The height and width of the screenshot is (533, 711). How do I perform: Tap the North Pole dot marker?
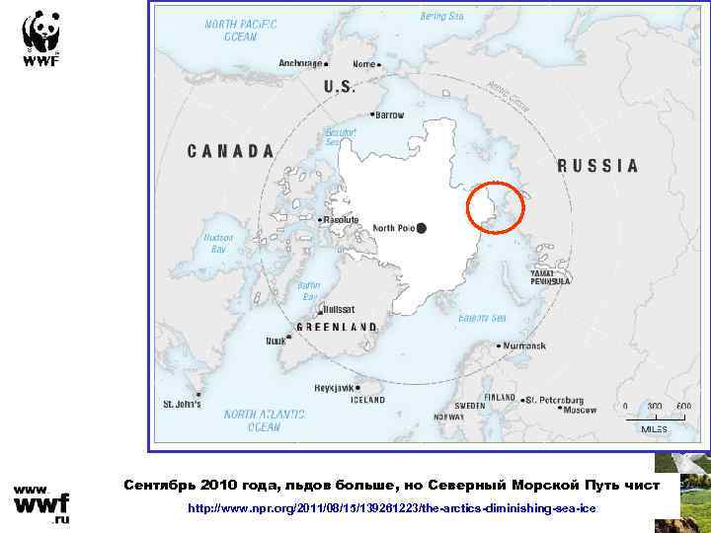tap(422, 228)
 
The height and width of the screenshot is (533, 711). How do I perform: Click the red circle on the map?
tap(495, 207)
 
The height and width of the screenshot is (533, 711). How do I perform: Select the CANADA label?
tap(231, 151)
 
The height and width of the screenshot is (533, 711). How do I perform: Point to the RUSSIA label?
tap(598, 166)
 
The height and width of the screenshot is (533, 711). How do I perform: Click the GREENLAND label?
tap(338, 327)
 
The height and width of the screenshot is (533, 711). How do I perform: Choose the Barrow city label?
tap(389, 114)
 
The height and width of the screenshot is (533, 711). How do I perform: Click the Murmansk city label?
tap(523, 346)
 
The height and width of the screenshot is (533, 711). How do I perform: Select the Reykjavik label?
tap(333, 387)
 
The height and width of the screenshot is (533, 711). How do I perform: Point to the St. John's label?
tap(183, 404)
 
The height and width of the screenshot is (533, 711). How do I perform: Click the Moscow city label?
tap(579, 409)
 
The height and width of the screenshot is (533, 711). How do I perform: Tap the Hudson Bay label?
tap(218, 243)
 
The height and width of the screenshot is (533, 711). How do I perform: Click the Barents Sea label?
tap(483, 318)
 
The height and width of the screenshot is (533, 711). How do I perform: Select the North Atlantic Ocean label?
tap(252, 420)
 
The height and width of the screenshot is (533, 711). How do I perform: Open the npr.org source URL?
tap(392, 507)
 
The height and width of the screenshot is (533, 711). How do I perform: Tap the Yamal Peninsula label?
tap(550, 276)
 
